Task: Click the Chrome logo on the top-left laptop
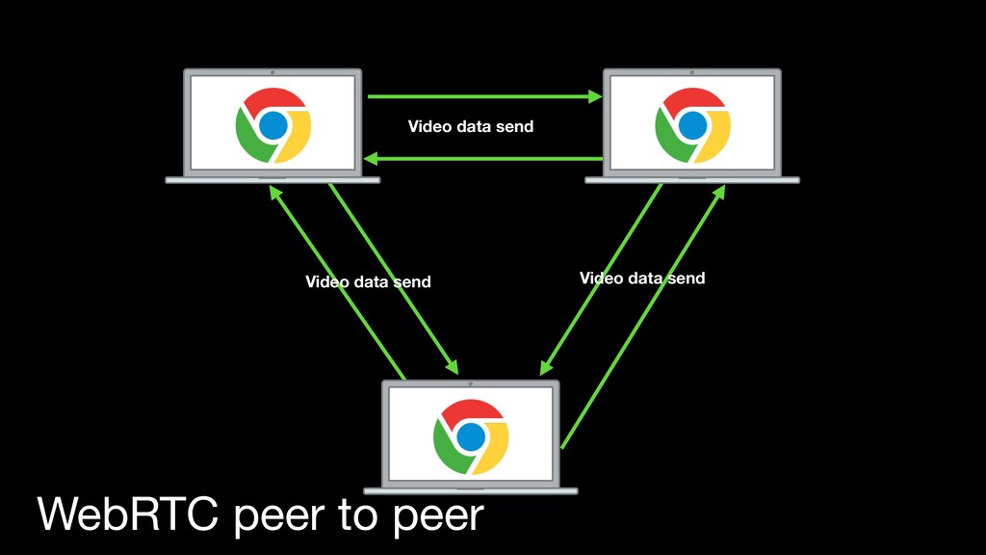[273, 124]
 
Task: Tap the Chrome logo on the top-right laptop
[691, 124]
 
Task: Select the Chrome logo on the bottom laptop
[470, 436]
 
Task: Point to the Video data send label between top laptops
[470, 126]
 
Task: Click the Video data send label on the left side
[368, 281]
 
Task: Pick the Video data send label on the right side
[642, 278]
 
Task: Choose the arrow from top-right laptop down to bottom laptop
[601, 278]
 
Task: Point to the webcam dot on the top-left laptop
[273, 72]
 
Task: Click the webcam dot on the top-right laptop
[691, 72]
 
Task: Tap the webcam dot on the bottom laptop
[470, 383]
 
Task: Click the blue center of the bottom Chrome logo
[470, 436]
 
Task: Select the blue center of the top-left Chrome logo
[273, 124]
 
